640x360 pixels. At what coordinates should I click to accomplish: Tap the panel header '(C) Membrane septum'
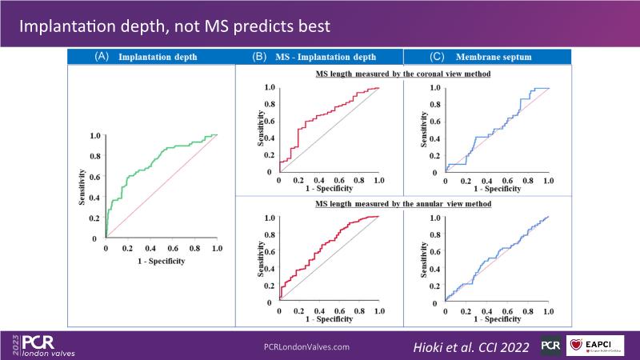[x=488, y=57]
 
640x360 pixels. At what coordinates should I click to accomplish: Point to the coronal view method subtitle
[x=402, y=74]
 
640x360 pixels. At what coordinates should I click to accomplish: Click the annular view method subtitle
[x=402, y=204]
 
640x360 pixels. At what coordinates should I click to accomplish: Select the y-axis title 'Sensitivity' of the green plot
[x=82, y=186]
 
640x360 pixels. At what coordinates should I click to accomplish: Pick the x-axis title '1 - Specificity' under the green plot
[x=161, y=261]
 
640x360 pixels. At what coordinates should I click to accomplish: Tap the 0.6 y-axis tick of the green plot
[x=95, y=176]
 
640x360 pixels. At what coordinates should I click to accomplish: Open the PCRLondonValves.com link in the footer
[x=306, y=346]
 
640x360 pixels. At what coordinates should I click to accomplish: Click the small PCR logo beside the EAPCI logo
[x=550, y=346]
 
